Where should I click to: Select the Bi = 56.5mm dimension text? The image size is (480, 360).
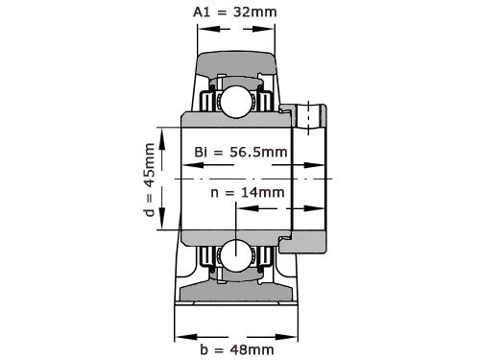(x=240, y=153)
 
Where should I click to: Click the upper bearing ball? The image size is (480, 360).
(x=232, y=100)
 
